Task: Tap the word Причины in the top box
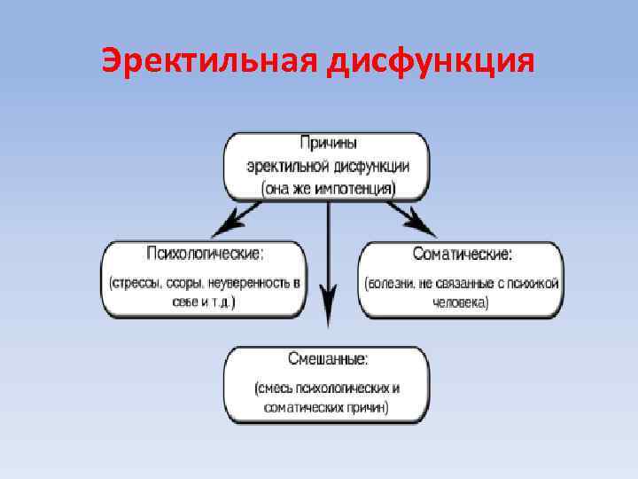click(328, 142)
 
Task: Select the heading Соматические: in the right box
click(461, 255)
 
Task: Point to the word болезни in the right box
click(394, 283)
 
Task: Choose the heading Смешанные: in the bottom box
click(328, 359)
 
